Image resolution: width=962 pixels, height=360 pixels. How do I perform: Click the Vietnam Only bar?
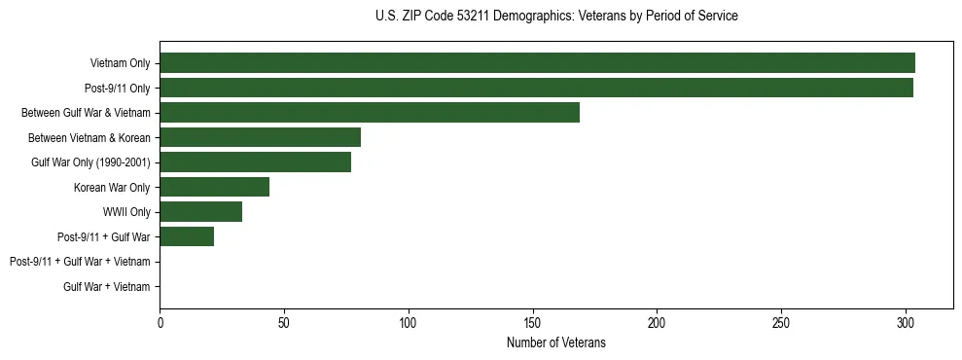pyautogui.click(x=537, y=63)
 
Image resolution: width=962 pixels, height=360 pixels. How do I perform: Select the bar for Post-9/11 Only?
pyautogui.click(x=536, y=88)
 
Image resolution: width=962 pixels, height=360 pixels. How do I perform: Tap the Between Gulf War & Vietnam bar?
pyautogui.click(x=370, y=113)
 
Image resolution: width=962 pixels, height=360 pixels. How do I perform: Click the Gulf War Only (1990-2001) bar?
pyautogui.click(x=255, y=162)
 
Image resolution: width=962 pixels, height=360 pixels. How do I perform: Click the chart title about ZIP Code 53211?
pyautogui.click(x=555, y=17)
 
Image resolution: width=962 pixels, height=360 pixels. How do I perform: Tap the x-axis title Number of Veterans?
pyautogui.click(x=555, y=342)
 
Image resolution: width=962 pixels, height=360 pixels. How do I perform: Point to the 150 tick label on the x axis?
pyautogui.click(x=532, y=322)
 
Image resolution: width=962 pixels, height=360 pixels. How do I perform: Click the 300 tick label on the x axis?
pyautogui.click(x=905, y=322)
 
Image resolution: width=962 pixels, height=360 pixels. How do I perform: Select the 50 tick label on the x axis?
pyautogui.click(x=284, y=322)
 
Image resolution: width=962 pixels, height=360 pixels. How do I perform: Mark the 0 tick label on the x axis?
pyautogui.click(x=160, y=322)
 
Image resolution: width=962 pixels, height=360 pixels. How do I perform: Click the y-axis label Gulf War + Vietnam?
pyautogui.click(x=107, y=286)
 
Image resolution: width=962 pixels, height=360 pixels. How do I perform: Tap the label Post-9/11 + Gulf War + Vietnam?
pyautogui.click(x=80, y=262)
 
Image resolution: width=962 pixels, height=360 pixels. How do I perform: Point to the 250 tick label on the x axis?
pyautogui.click(x=780, y=322)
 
